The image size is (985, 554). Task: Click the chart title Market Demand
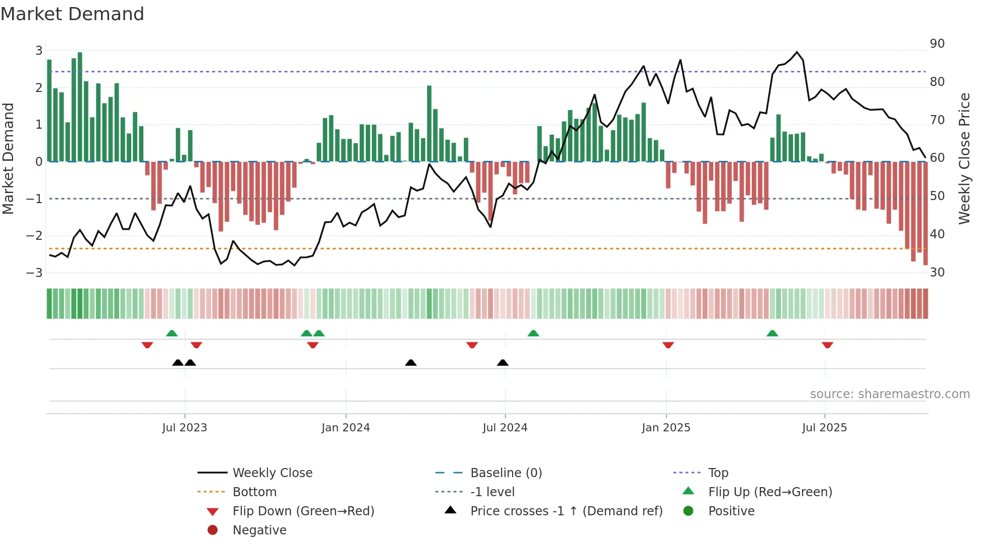[72, 14]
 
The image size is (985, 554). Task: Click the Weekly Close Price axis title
[964, 158]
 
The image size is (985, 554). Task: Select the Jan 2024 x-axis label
[345, 428]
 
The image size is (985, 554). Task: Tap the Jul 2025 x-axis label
[824, 428]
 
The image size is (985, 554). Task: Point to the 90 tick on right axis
[937, 44]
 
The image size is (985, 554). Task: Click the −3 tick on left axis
[35, 272]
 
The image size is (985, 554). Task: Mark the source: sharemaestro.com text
[890, 394]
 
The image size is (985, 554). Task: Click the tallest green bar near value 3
[80, 106]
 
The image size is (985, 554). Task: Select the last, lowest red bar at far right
[925, 214]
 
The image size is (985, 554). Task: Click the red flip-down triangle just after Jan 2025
[668, 345]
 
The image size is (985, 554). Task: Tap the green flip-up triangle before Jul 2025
[772, 333]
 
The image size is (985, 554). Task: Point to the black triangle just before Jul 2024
[503, 362]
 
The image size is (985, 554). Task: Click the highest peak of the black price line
[797, 52]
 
